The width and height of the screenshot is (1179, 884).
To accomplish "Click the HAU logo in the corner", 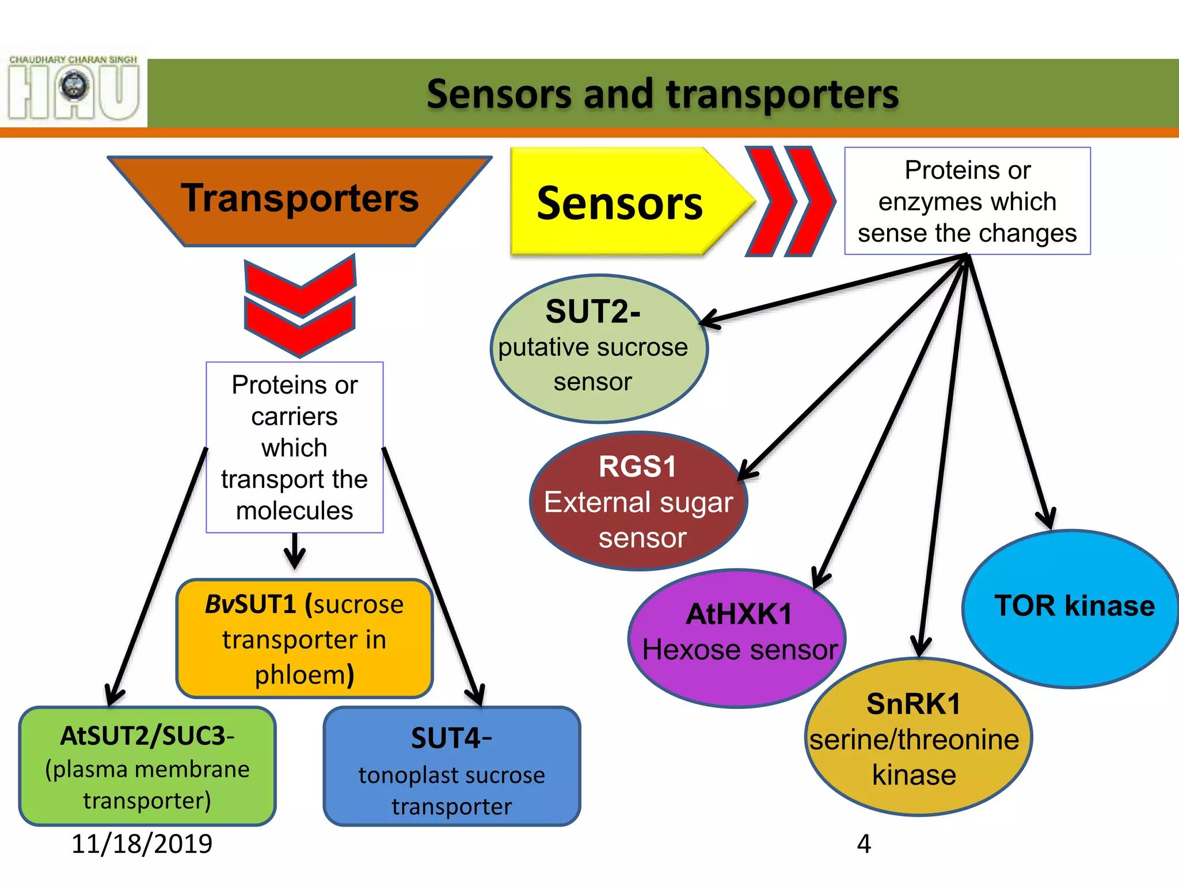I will pyautogui.click(x=74, y=87).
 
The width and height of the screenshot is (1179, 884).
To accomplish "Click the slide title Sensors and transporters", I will pyautogui.click(x=662, y=94).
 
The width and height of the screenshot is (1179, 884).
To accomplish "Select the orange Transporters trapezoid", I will pyautogui.click(x=299, y=199).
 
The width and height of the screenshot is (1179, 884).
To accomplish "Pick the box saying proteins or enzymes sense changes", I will pyautogui.click(x=967, y=201).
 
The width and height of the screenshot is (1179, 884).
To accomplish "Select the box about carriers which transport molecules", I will pyautogui.click(x=295, y=448).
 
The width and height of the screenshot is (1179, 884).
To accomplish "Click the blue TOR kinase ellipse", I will pyautogui.click(x=1071, y=608).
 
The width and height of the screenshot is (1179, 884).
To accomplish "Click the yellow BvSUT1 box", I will pyautogui.click(x=304, y=639).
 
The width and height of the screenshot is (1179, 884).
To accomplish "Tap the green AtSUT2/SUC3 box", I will pyautogui.click(x=147, y=767).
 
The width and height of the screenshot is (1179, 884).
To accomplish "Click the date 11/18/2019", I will pyautogui.click(x=142, y=844).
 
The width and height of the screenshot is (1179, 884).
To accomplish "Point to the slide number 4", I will pyautogui.click(x=864, y=844).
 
